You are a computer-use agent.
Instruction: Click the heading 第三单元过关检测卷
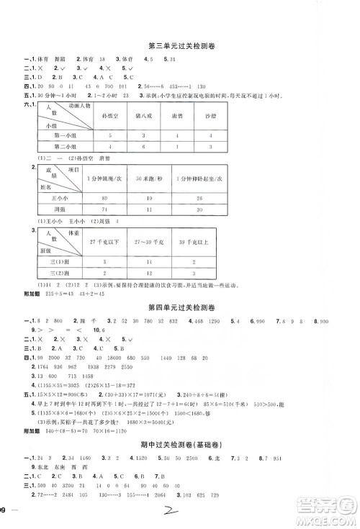[179, 46]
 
